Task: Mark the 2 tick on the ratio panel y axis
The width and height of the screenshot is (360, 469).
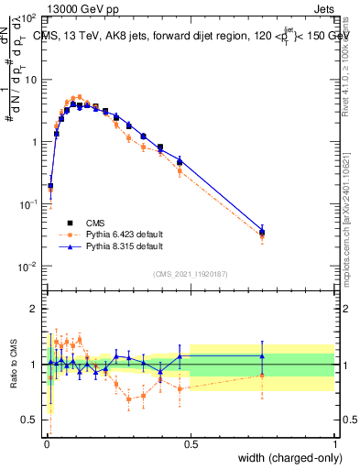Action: (x=33, y=309)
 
